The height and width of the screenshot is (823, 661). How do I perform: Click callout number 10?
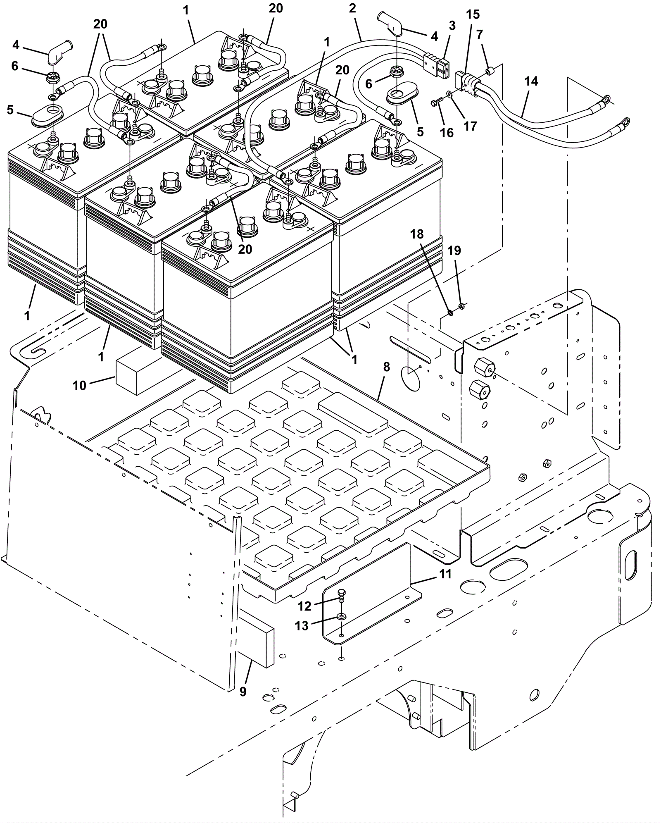[80, 385]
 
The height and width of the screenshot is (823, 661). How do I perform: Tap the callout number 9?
[243, 691]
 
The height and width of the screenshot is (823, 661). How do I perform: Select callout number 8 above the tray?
[386, 367]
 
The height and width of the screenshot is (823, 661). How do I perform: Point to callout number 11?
[445, 574]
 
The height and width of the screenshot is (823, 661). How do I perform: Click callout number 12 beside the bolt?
[304, 606]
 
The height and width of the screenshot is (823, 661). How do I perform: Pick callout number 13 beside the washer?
[302, 626]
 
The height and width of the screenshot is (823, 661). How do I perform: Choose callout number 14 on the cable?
[531, 81]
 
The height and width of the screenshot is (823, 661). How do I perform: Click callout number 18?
[417, 234]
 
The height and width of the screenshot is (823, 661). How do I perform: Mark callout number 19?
[454, 250]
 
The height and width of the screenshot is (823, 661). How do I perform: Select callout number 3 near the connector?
[452, 26]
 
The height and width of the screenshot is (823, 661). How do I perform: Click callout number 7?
[479, 35]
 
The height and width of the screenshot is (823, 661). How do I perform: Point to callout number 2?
[352, 8]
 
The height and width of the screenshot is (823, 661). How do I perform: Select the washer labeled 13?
[341, 617]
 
